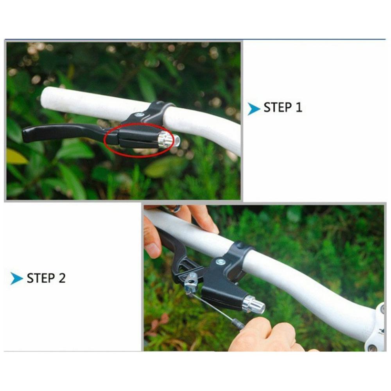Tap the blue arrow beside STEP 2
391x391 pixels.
[x=17, y=278]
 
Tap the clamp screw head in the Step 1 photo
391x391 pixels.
[x=139, y=115]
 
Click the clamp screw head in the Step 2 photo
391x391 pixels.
[x=221, y=262]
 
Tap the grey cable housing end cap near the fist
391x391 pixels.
[x=239, y=324]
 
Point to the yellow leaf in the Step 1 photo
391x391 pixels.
[x=16, y=156]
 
